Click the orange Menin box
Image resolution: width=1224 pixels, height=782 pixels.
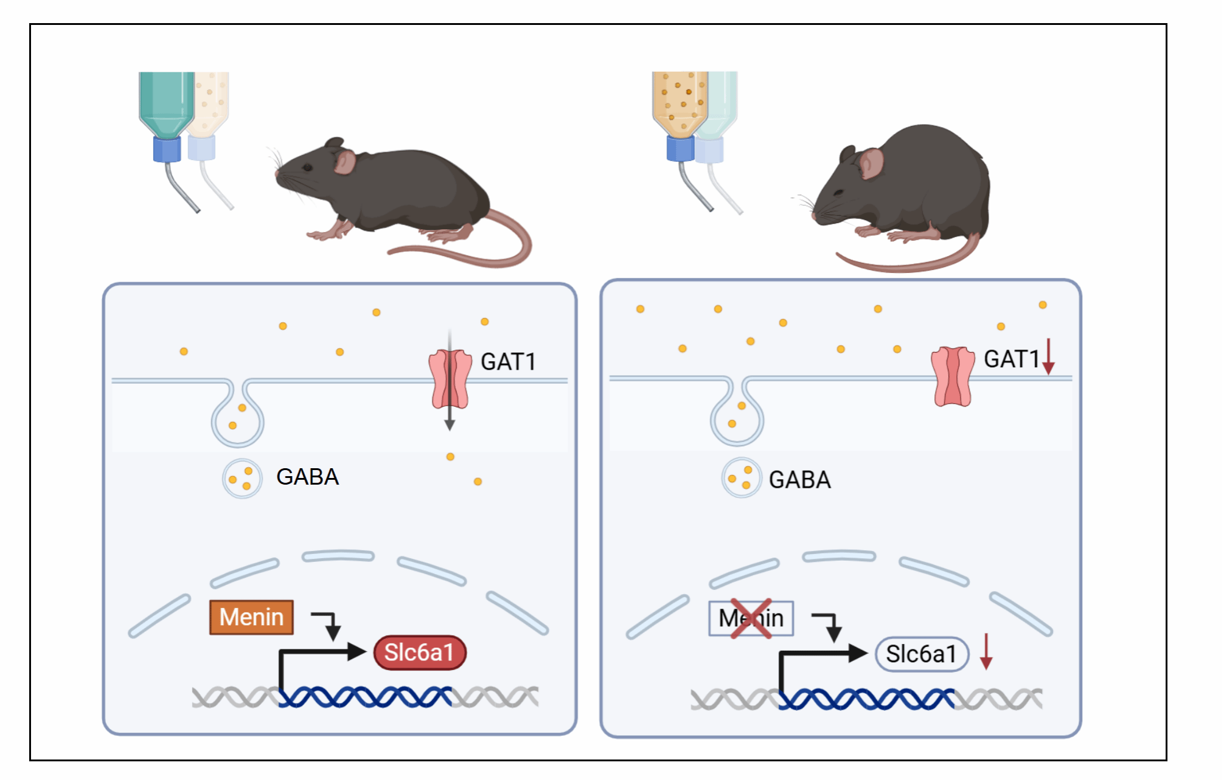click(251, 617)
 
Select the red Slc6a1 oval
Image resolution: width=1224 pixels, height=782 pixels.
click(420, 652)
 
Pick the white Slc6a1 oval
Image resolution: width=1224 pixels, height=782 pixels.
click(921, 654)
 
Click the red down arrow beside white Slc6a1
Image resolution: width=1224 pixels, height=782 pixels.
click(986, 651)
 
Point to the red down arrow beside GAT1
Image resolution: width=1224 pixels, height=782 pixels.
click(1048, 357)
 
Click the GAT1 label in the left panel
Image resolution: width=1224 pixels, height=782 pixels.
click(508, 361)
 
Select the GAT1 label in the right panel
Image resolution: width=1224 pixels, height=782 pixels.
click(1012, 359)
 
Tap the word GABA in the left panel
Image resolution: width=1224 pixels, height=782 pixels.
click(307, 477)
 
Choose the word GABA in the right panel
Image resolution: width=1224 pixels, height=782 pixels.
click(799, 480)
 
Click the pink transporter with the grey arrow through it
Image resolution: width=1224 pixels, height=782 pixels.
click(450, 379)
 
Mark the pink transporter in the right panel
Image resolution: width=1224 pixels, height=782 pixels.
click(953, 376)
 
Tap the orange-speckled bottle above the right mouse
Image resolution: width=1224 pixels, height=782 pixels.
click(680, 101)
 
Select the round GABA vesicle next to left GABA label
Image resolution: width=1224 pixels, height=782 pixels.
click(242, 479)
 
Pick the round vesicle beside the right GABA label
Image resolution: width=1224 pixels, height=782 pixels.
click(741, 478)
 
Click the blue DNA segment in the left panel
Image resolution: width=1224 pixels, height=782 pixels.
click(365, 697)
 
